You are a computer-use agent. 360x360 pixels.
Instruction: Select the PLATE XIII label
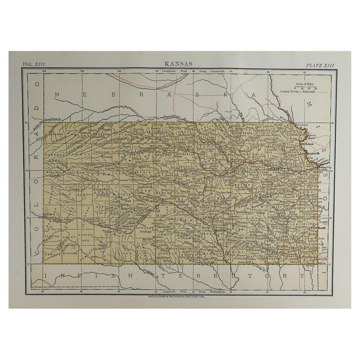coord(320,65)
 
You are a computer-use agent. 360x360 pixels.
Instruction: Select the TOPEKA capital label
coord(275,167)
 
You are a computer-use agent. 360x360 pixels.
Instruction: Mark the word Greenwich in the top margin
coord(209,71)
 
